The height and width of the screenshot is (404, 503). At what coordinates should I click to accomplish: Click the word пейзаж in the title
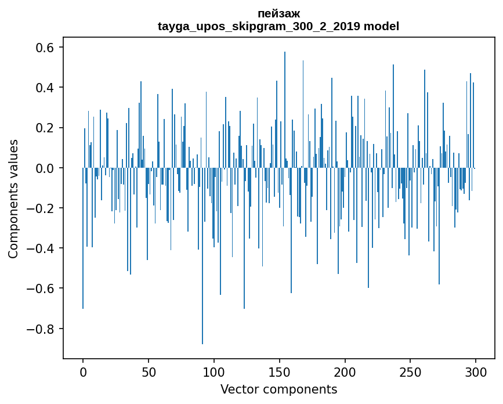278,13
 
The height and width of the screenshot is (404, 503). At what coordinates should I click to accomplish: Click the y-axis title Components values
13,199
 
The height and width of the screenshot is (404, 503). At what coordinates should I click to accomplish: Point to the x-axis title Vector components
278,389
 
